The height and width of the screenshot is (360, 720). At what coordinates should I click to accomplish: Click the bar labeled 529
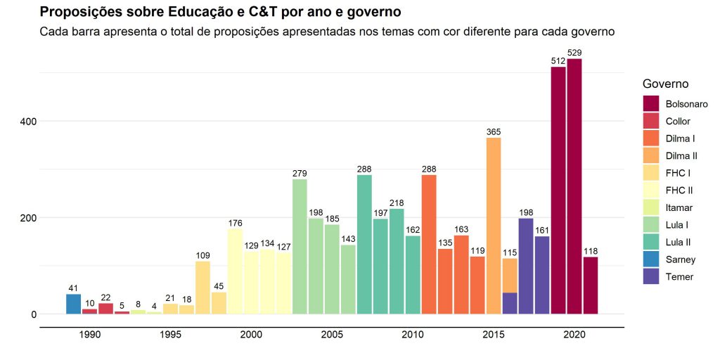[x=574, y=186]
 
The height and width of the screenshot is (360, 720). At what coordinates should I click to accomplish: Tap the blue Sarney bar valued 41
[x=73, y=304]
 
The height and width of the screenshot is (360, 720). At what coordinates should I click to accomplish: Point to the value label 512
[x=558, y=62]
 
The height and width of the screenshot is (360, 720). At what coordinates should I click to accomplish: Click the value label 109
[x=202, y=256]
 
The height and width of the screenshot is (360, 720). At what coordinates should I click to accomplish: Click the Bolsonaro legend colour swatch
[x=651, y=104]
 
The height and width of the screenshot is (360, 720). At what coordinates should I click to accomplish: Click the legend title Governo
[x=665, y=84]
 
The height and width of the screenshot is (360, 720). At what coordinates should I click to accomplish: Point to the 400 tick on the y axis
[x=28, y=121]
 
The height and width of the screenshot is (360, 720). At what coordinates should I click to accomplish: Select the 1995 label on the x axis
[x=170, y=335]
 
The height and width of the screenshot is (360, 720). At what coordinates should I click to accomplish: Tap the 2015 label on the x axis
[x=494, y=335]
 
